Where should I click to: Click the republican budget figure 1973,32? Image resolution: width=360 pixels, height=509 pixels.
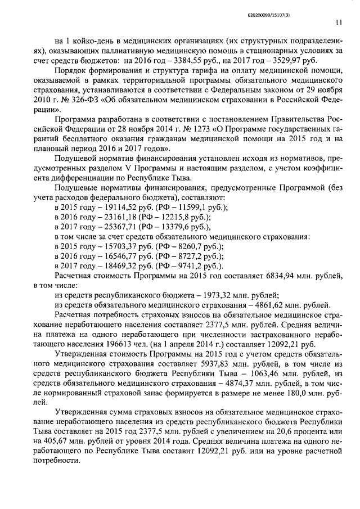tap(204, 294)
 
